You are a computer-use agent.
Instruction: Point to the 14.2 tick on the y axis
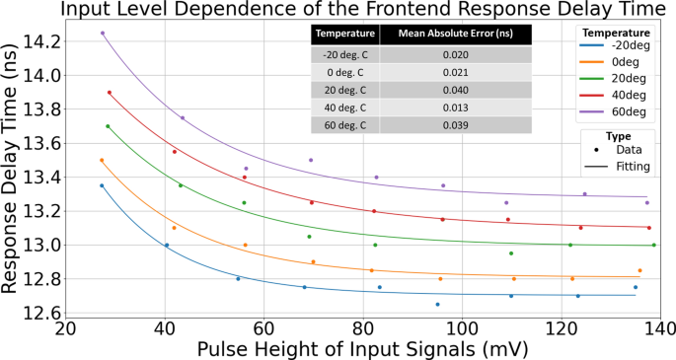42,41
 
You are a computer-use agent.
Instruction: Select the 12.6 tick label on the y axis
42,313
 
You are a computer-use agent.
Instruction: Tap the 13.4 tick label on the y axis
42,178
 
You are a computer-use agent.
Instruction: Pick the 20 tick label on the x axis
65,328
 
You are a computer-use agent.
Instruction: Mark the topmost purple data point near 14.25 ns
102,34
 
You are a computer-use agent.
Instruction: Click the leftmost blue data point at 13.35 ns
101,185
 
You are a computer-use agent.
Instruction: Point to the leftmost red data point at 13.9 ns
109,93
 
